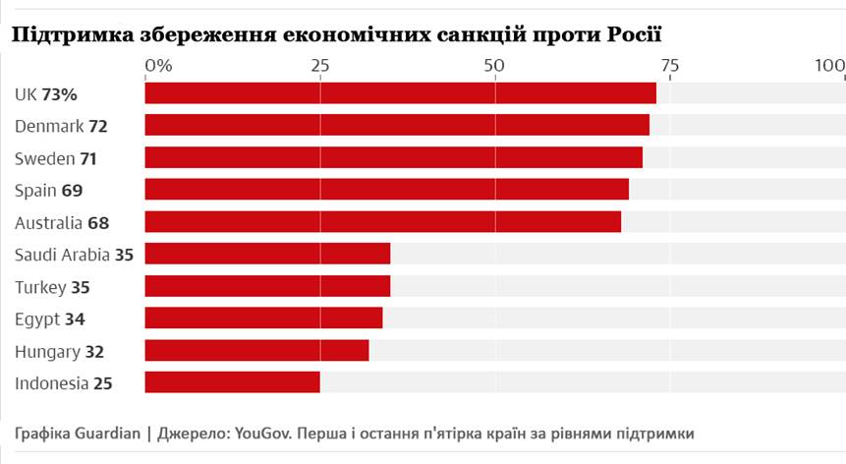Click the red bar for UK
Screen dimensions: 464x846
400,93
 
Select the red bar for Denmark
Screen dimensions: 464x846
397,125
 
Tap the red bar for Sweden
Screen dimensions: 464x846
393,157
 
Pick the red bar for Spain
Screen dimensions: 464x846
386,190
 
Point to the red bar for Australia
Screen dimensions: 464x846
382,222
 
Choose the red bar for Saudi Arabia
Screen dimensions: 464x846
267,254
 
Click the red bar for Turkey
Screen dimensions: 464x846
267,286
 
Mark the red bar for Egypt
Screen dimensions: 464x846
263,318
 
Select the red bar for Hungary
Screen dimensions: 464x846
256,350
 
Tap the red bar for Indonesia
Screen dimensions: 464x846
232,382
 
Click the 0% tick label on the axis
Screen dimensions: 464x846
158,66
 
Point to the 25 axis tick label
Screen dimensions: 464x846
319,66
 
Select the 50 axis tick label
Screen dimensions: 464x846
494,66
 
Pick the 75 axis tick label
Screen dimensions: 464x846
669,66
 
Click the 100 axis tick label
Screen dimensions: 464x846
830,66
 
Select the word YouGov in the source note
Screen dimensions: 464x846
266,434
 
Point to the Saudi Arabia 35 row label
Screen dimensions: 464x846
74,255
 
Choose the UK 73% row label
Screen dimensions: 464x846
46,94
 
